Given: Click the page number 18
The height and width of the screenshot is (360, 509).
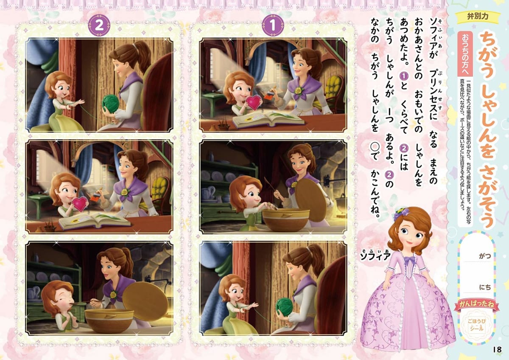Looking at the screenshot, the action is (x=497, y=349).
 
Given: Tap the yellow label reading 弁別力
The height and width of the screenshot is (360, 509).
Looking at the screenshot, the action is (x=479, y=17).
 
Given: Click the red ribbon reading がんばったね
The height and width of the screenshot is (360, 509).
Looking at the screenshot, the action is (x=476, y=304).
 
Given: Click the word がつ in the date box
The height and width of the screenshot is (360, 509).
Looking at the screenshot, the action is (x=485, y=256).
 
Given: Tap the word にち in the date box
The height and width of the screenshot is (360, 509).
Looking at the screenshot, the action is (x=485, y=287).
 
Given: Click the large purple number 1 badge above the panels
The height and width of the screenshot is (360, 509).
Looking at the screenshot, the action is (x=273, y=25).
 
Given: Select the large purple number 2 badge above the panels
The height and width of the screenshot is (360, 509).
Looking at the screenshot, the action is (x=99, y=25).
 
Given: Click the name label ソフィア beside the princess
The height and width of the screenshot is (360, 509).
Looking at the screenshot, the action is (x=375, y=256).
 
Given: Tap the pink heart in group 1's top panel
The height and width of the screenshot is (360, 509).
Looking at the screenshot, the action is (x=254, y=102).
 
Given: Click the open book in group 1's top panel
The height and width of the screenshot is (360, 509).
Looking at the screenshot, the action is (x=268, y=119).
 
